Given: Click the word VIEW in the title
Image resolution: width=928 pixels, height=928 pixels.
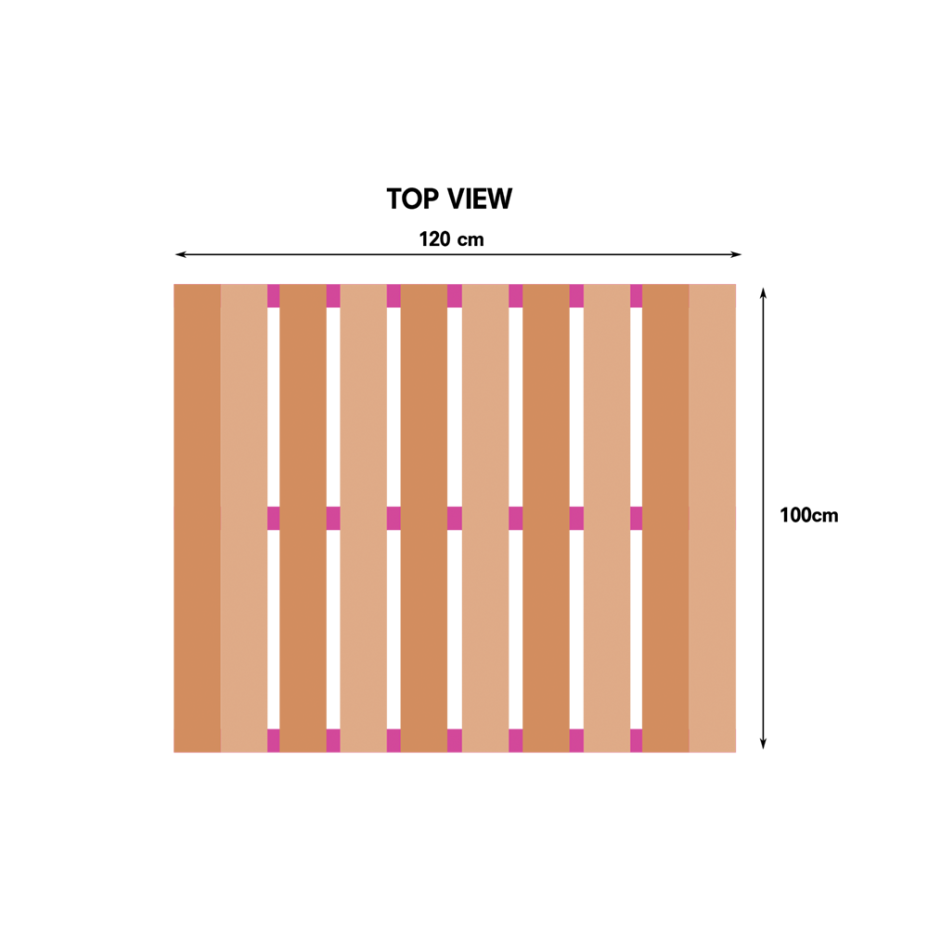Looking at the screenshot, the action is (480, 199).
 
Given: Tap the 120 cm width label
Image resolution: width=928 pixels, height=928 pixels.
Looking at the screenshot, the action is (452, 239).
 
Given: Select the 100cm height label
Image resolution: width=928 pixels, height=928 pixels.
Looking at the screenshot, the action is (809, 515).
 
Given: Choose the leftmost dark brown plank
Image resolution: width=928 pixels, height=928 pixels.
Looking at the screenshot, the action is (197, 519).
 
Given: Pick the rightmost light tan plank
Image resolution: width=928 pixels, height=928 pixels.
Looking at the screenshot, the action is (713, 519).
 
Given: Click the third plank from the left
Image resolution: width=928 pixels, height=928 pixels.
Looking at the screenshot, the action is (303, 519).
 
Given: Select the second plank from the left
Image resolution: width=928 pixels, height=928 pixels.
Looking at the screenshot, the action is (244, 519).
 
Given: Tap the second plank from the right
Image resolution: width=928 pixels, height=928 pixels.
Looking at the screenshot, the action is (665, 519).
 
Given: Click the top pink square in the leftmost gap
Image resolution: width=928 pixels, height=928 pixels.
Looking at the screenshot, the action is (274, 296).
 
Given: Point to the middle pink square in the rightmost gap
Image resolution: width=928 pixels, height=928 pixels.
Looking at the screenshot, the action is (637, 519).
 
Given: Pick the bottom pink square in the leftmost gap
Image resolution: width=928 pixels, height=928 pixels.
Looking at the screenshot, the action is (274, 741).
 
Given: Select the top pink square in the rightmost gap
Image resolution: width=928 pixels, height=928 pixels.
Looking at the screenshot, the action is (637, 296).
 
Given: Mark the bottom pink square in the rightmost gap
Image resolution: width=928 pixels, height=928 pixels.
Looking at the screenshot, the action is (637, 741).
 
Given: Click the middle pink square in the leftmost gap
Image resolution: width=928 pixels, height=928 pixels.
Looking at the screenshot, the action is (274, 519).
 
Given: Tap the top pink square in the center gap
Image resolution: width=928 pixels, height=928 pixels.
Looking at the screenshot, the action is (455, 296).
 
